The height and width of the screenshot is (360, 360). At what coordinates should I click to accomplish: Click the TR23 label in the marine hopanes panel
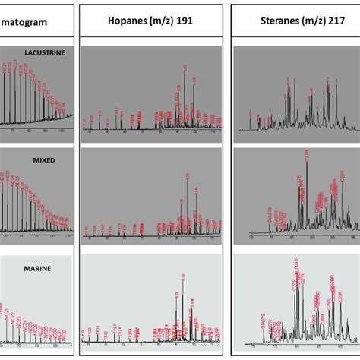point(115,328)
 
